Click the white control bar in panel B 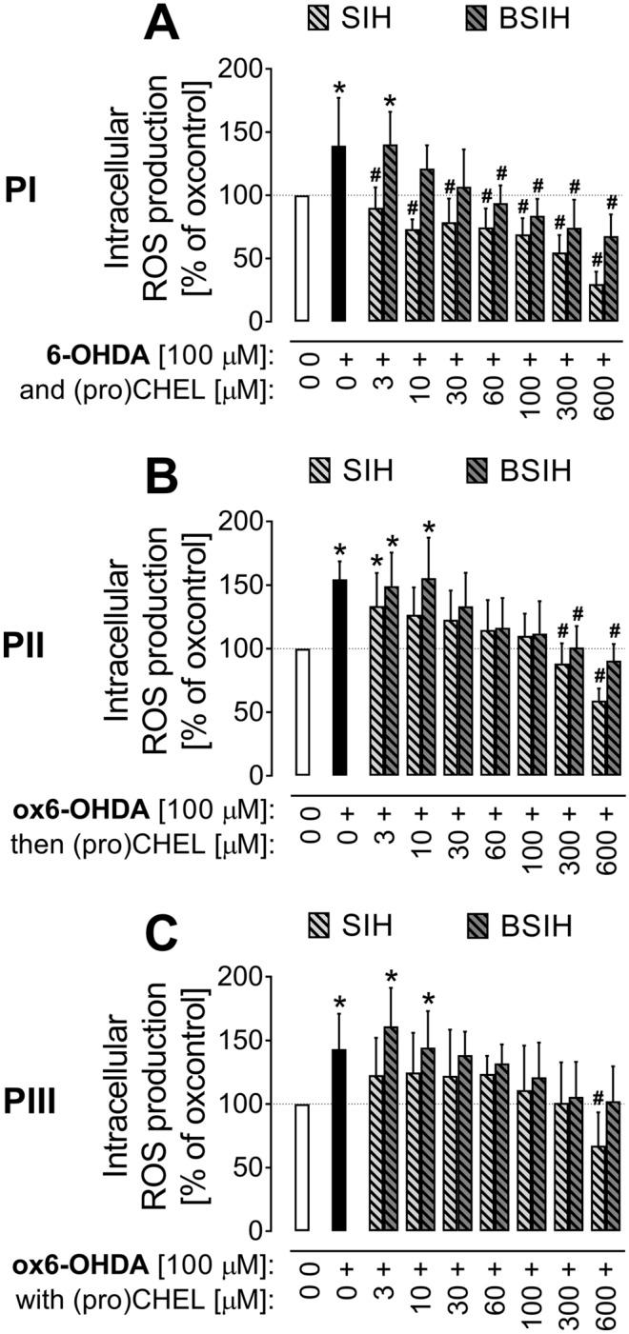click(x=303, y=712)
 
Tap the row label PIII click(x=38, y=1104)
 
